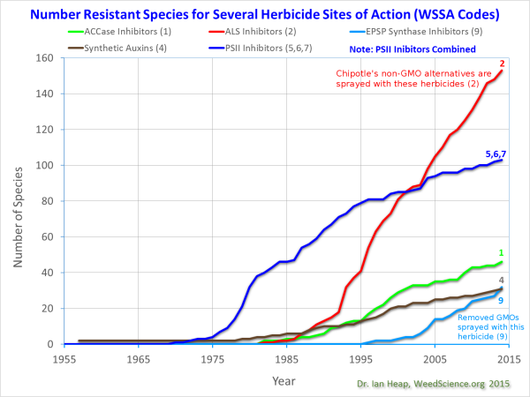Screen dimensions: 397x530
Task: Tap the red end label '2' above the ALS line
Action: point(501,64)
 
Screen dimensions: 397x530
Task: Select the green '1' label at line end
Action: point(501,252)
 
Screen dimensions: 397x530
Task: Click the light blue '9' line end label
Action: point(502,300)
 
